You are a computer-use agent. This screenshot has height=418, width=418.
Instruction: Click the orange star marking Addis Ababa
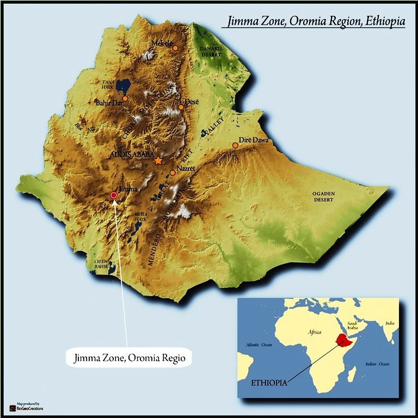point(158,161)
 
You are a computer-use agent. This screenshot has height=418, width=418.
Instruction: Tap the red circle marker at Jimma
point(114,195)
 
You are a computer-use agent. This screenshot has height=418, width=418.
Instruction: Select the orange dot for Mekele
point(175,48)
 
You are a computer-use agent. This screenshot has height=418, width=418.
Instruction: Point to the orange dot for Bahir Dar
point(125,99)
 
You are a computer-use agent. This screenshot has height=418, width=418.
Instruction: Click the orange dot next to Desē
point(181,107)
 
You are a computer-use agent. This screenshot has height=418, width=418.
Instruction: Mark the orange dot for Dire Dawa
point(235,145)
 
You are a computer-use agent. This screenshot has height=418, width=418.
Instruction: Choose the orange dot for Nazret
point(173,173)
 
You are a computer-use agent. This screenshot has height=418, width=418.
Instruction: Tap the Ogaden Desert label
point(323,196)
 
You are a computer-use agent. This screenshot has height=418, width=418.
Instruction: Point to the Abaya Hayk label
point(140,217)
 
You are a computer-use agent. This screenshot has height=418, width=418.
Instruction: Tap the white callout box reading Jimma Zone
point(128,359)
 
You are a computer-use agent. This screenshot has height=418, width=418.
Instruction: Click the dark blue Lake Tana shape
point(123,86)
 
